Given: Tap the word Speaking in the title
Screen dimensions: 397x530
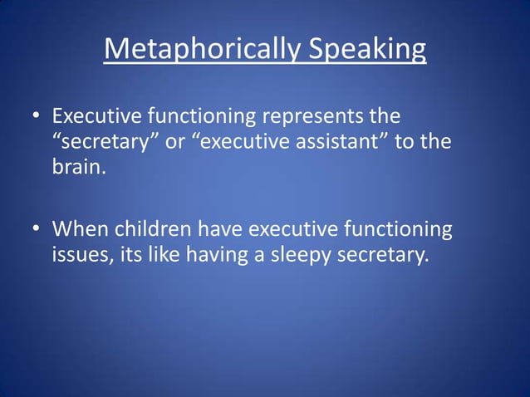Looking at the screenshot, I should pos(368,51).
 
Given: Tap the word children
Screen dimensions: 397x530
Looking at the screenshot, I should pos(145,228).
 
